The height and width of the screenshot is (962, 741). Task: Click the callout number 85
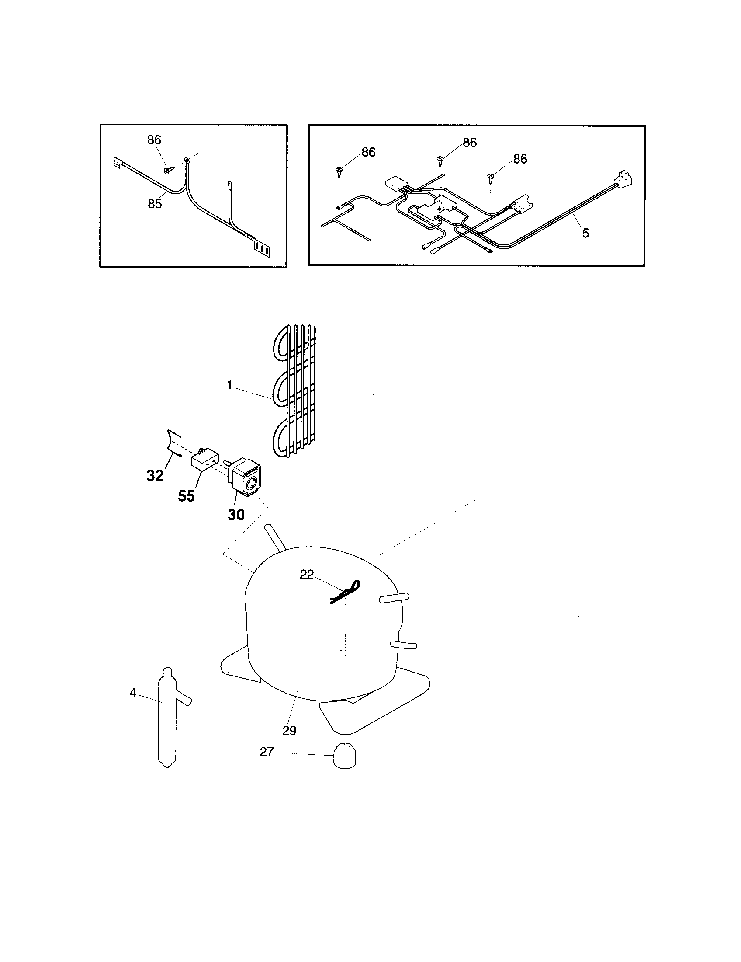[x=155, y=204]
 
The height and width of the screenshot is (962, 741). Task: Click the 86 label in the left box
[x=154, y=140]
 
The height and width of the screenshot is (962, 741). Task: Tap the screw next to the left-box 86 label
[x=167, y=170]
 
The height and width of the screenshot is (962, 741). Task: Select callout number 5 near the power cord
[x=585, y=233]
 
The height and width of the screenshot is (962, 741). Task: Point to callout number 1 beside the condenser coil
[x=230, y=385]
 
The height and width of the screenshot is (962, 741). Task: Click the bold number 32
[x=155, y=476]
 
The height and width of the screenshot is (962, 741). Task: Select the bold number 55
[x=186, y=496]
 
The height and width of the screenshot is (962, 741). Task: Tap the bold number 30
[x=236, y=515]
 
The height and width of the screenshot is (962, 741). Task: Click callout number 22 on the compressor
[x=307, y=575]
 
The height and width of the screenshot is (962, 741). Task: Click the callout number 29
[x=289, y=731]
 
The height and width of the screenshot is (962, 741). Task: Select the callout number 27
[x=267, y=752]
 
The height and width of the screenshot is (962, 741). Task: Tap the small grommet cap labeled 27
[x=345, y=756]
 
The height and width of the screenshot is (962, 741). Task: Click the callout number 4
[x=133, y=693]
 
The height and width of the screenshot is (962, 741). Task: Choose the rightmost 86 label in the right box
[x=519, y=159]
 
